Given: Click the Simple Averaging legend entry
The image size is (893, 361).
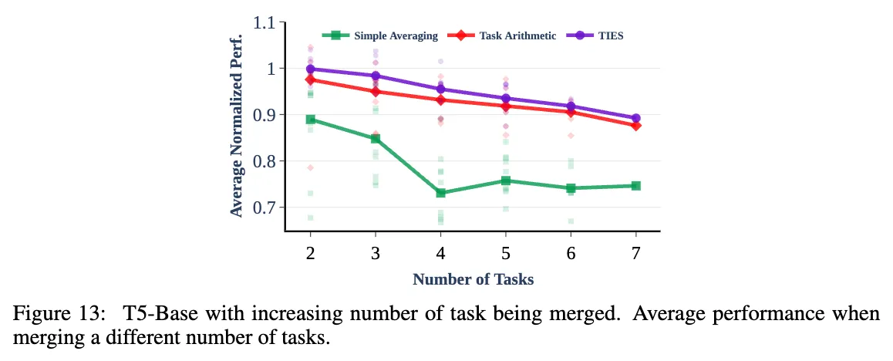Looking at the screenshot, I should (x=396, y=35).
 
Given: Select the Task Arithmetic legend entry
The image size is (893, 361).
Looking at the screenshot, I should (x=517, y=35).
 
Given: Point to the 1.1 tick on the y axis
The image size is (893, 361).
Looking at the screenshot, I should (x=265, y=23).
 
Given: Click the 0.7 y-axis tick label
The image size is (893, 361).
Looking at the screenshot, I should (x=265, y=207).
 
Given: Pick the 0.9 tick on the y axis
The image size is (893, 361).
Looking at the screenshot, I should (x=265, y=115).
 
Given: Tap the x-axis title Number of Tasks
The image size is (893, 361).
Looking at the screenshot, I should (x=473, y=279).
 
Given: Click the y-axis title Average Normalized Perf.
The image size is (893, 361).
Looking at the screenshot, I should (x=237, y=126).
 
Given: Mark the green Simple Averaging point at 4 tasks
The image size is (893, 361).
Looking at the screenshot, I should (x=440, y=193).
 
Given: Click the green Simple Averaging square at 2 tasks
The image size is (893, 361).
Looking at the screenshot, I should (x=310, y=120).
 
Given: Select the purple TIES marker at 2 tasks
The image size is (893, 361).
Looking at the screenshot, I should (x=310, y=69).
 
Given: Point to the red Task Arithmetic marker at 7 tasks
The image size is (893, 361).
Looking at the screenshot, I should (x=635, y=126).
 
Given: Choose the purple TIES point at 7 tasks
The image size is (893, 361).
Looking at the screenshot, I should (x=635, y=119).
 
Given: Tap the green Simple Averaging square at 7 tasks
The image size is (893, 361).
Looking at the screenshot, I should (x=635, y=186).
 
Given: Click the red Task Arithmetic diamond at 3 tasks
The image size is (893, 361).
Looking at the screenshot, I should (x=376, y=92).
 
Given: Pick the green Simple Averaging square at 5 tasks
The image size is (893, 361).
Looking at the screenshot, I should (x=505, y=181).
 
